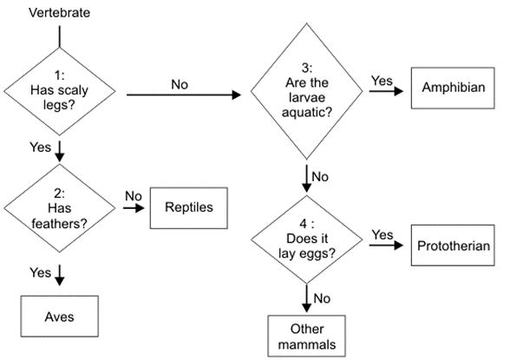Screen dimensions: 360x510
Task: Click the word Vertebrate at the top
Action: [x=59, y=13]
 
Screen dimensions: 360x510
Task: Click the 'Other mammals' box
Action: [x=307, y=336]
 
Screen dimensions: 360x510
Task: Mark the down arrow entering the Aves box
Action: [x=60, y=278]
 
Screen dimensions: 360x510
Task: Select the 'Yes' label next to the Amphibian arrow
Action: [x=382, y=81]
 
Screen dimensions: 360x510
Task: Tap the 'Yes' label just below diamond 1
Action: [x=41, y=147]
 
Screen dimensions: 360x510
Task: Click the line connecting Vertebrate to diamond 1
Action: [x=59, y=36]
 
